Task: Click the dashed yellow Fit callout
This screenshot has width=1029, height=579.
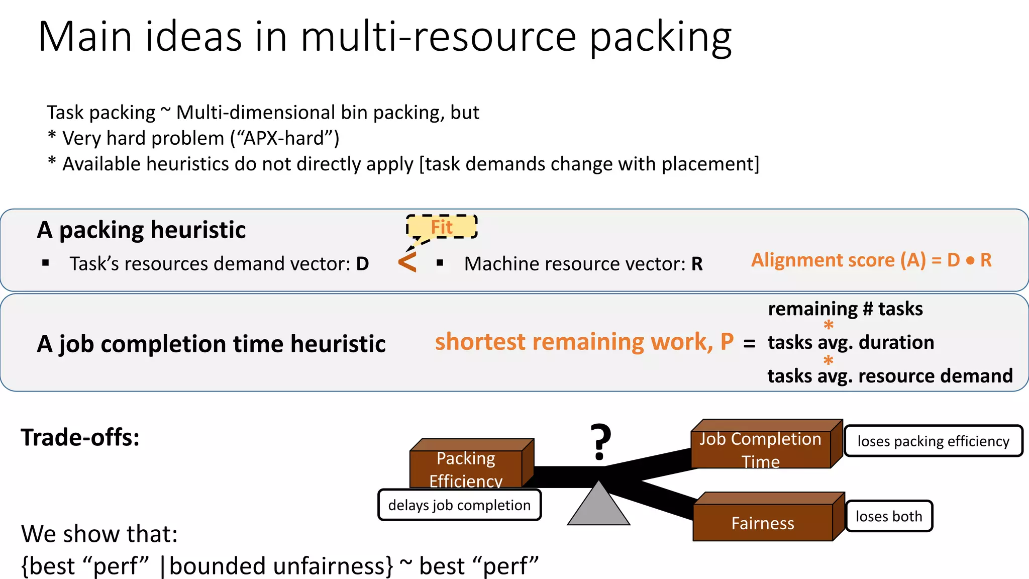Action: point(442,227)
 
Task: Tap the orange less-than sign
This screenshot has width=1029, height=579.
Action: point(407,262)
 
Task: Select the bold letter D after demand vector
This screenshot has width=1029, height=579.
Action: point(362,264)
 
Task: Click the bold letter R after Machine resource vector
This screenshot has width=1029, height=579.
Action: point(697,264)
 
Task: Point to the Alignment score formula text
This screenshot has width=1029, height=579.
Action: point(871,260)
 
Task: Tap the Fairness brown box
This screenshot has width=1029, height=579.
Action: point(763,523)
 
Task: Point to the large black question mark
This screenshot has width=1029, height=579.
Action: point(600,442)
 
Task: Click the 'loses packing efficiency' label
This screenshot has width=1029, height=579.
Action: point(933,441)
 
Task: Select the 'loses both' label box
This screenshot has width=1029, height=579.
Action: point(889,516)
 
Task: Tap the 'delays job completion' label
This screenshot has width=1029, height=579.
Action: point(459,505)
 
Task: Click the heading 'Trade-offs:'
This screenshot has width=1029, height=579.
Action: point(80,437)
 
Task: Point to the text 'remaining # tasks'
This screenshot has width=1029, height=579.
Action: point(845,309)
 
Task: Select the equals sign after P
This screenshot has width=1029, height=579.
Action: point(749,344)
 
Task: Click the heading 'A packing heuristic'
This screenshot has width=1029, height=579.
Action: point(141,230)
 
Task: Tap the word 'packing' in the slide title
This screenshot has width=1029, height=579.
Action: point(660,38)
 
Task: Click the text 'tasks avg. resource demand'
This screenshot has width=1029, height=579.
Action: point(890,376)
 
